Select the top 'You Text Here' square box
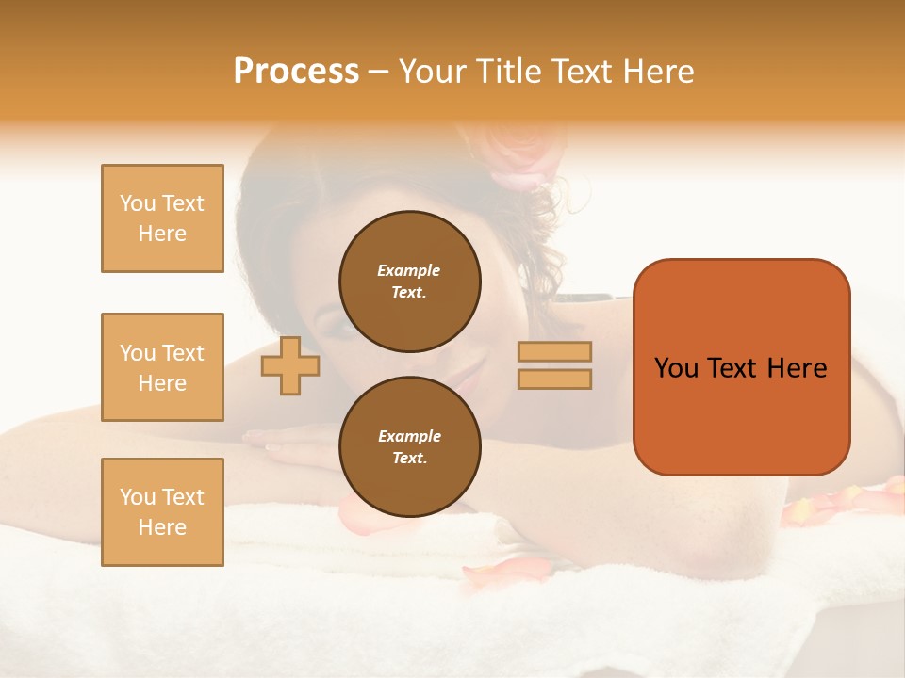click(x=162, y=218)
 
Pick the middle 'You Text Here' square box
click(x=162, y=367)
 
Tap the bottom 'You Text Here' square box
click(x=162, y=512)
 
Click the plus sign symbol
click(x=290, y=365)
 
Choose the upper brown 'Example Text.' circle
click(x=409, y=281)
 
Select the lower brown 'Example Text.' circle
click(x=409, y=446)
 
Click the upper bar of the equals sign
click(x=554, y=351)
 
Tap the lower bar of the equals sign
click(x=554, y=379)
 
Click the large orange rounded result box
click(x=741, y=366)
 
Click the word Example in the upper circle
click(x=409, y=270)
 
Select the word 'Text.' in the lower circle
click(x=409, y=458)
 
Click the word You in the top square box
click(x=138, y=203)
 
